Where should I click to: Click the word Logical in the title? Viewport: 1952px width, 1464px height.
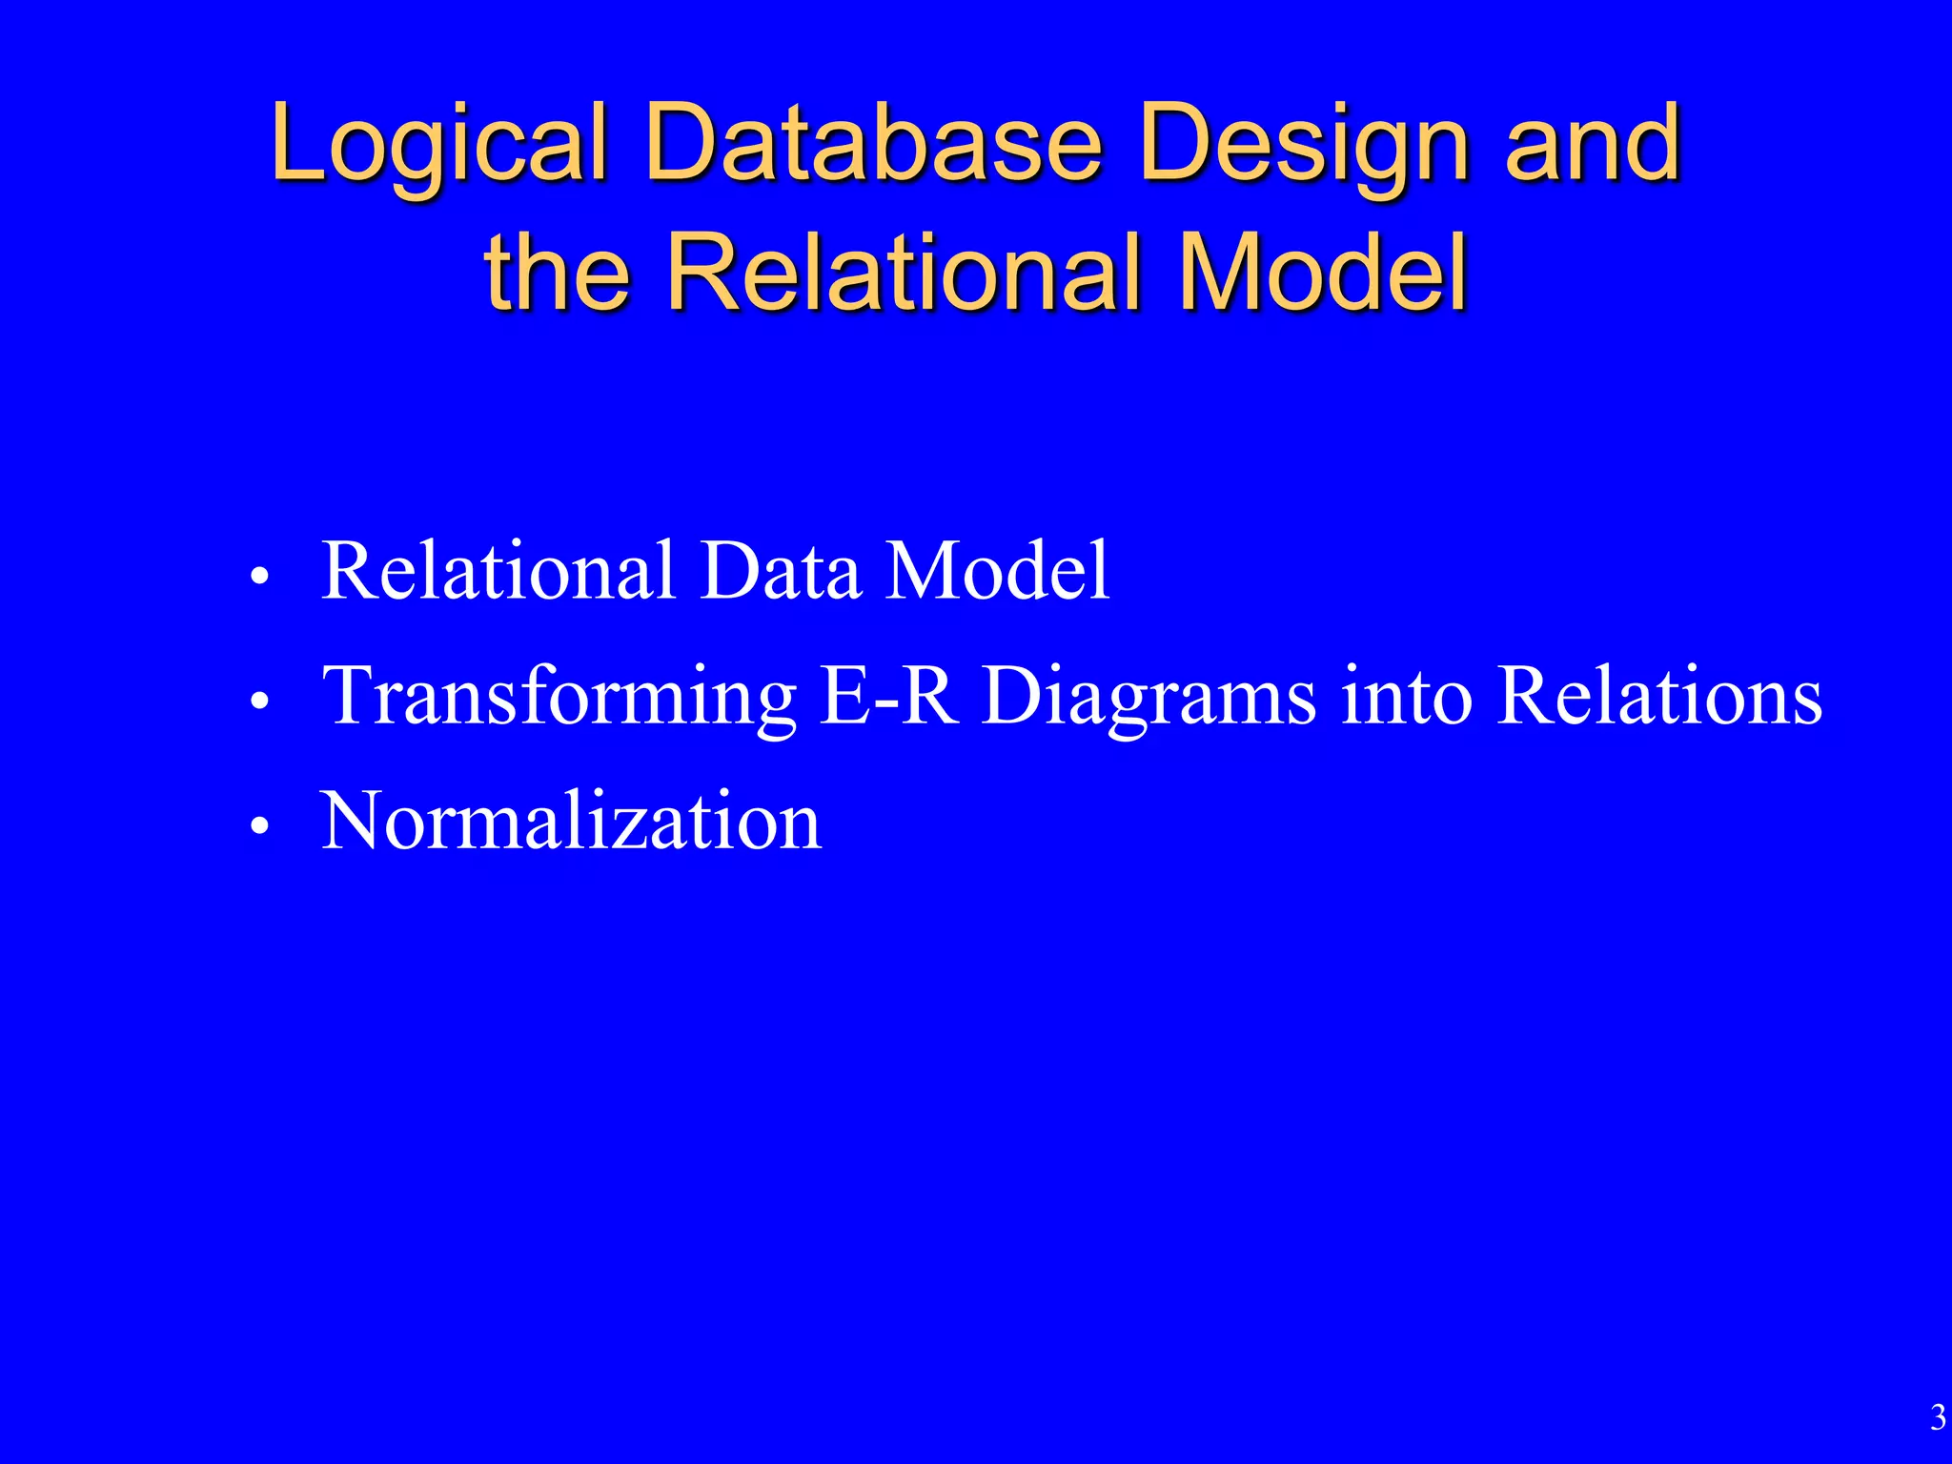coord(439,145)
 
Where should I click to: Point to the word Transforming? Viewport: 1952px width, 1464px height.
coord(559,697)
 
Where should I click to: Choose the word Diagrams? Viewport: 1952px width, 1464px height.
coord(1149,697)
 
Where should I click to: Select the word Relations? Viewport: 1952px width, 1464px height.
coord(1659,695)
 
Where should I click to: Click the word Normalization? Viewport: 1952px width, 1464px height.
coord(571,821)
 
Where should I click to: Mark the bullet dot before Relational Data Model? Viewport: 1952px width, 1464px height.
coord(259,578)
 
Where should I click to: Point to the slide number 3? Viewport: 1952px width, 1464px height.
coord(1937,1418)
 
